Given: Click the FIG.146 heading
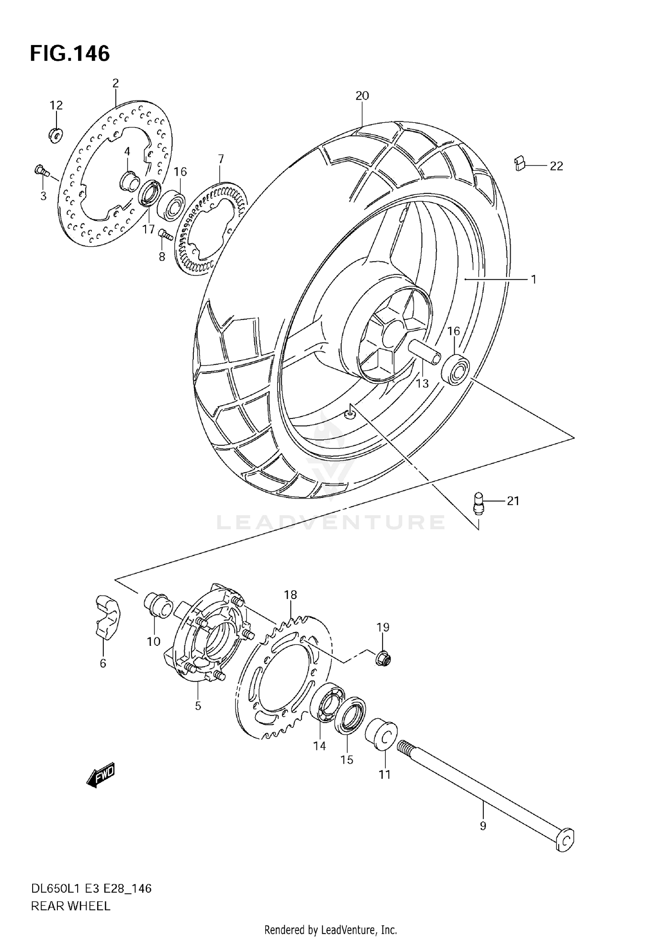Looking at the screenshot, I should [70, 54].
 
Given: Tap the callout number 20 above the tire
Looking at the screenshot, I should [362, 95].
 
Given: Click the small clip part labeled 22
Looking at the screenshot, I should [520, 163].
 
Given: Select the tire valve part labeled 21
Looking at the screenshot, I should [478, 504].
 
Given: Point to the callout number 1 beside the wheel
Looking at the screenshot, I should [533, 279].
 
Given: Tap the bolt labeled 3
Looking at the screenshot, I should [41, 170].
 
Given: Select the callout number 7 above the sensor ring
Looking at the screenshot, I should [221, 159].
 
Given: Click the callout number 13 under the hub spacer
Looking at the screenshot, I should [422, 384].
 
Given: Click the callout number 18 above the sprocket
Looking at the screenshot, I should [290, 595].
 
